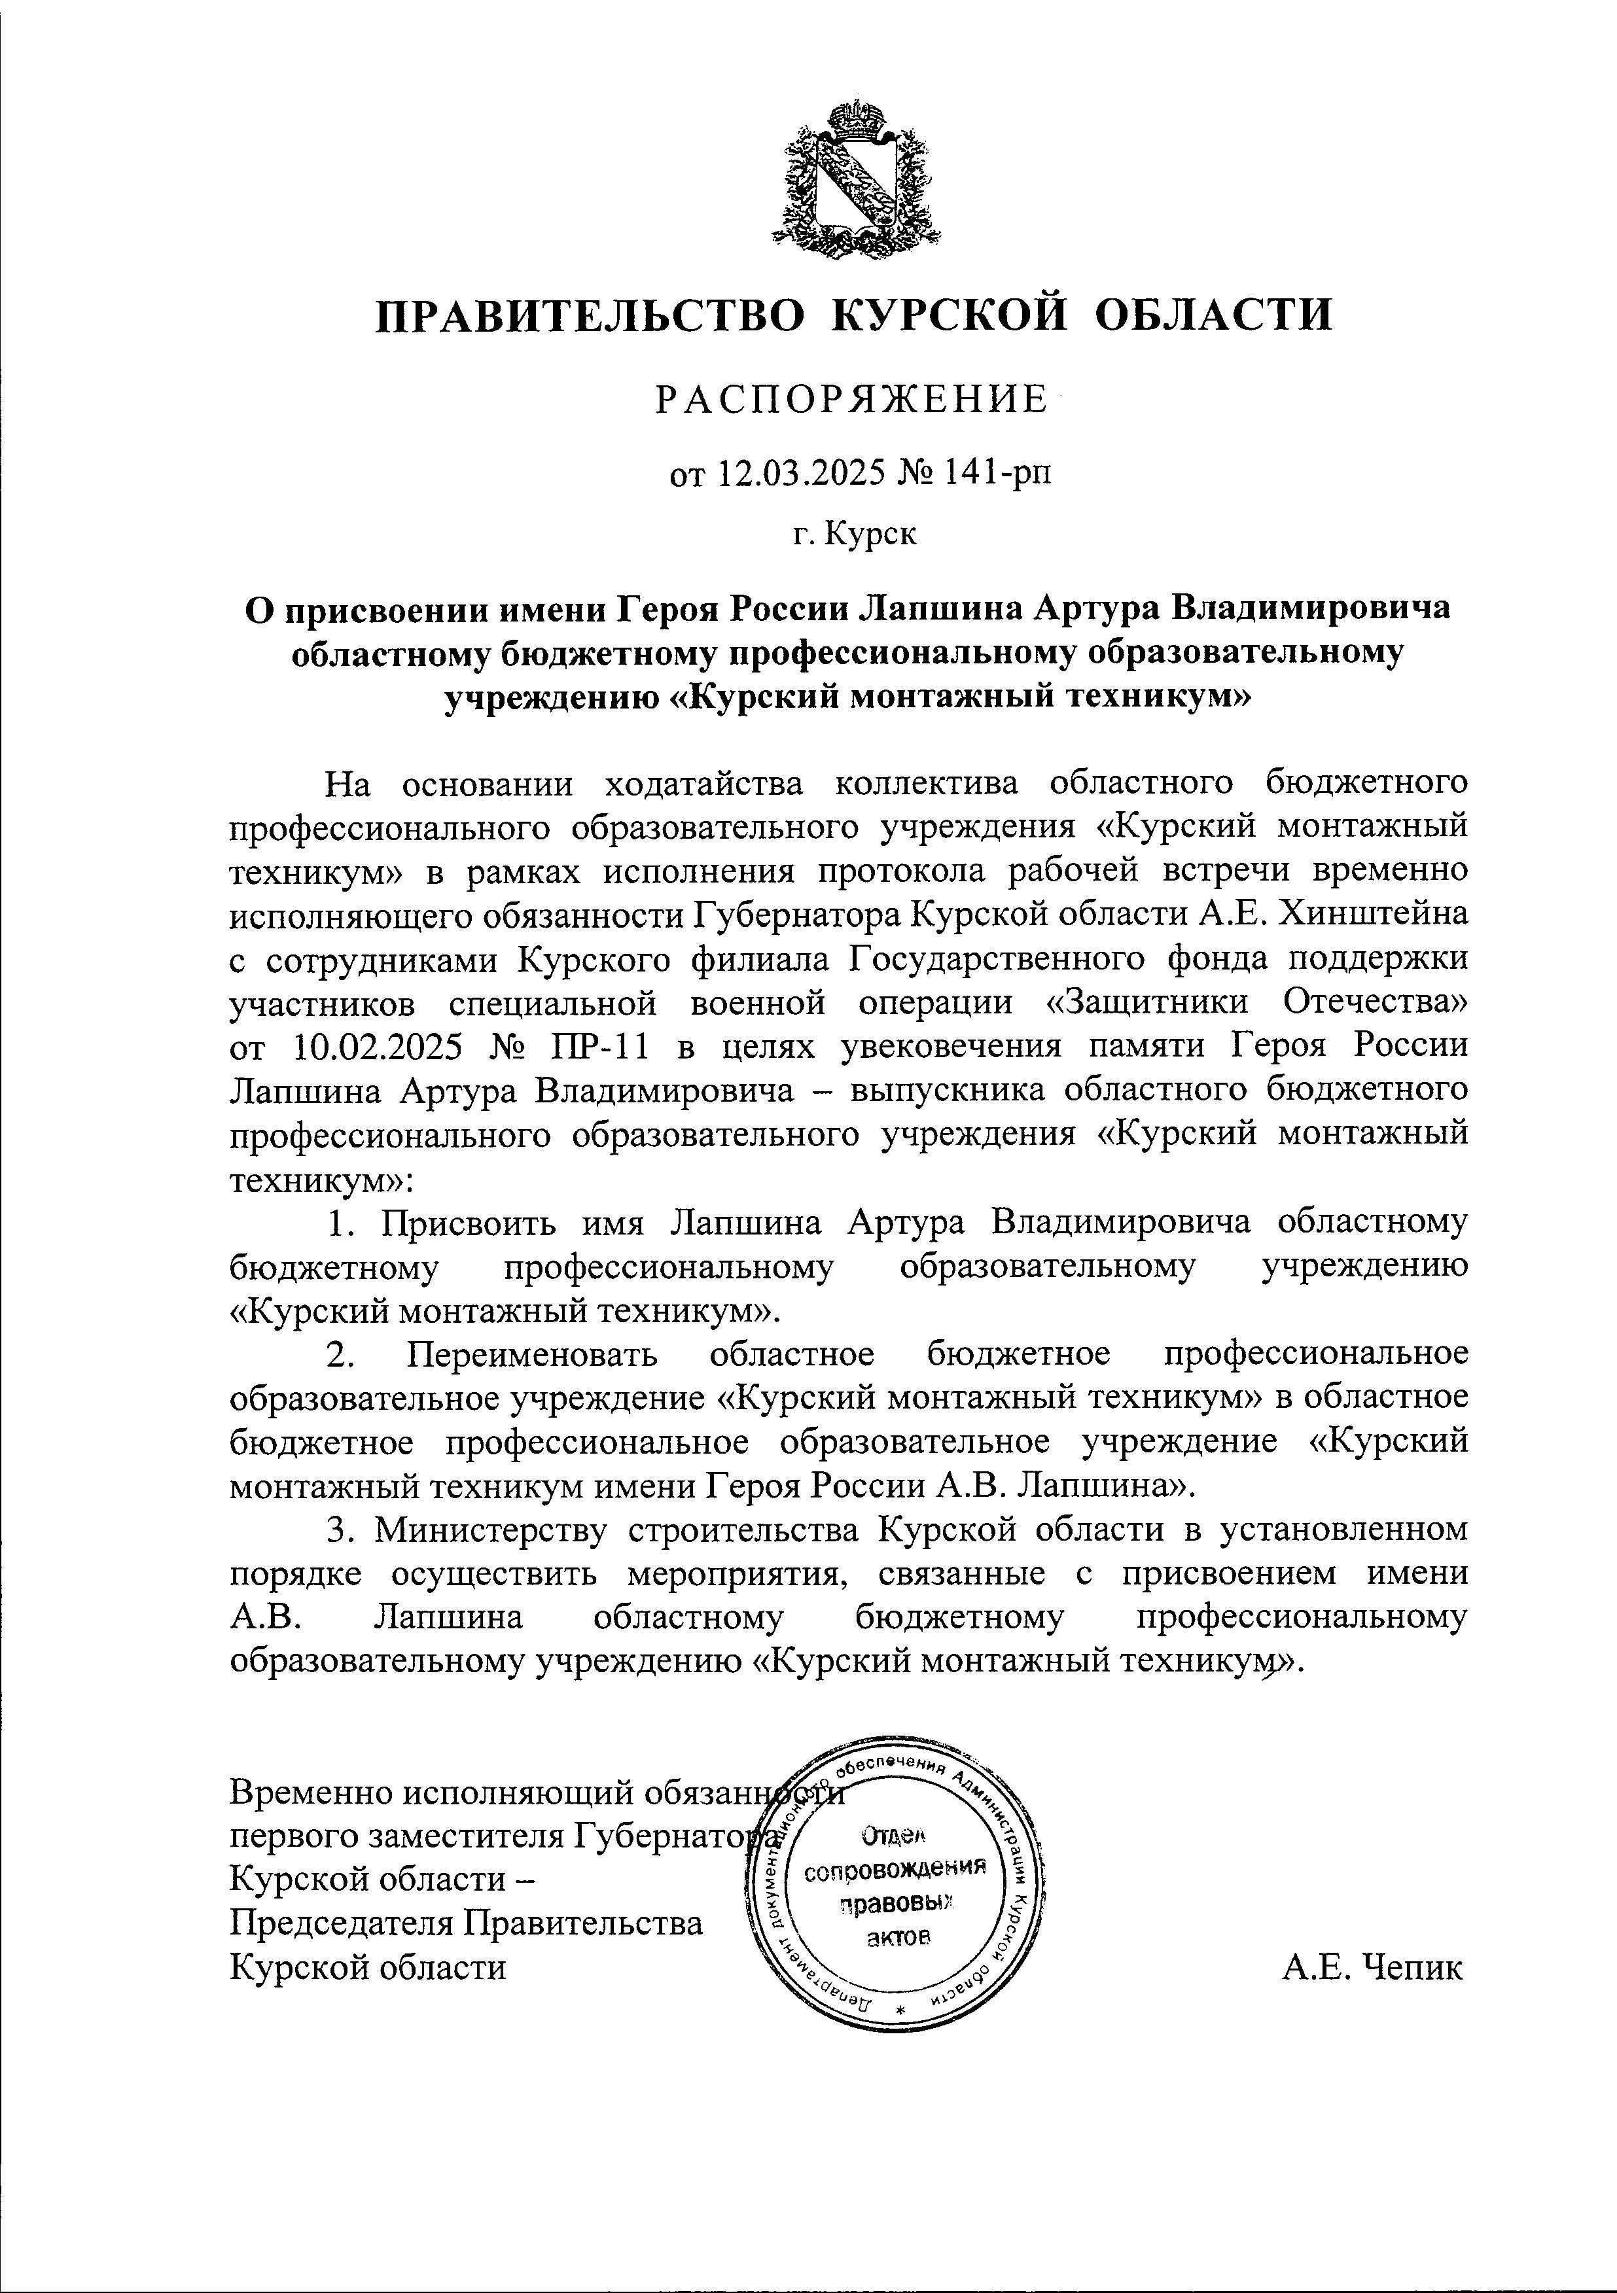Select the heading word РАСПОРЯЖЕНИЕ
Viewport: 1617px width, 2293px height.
click(x=851, y=400)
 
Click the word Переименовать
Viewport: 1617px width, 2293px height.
click(x=533, y=1356)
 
